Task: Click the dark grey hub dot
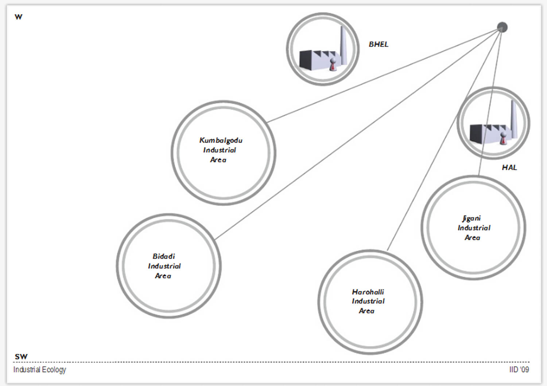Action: click(502, 27)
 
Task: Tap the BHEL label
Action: click(379, 44)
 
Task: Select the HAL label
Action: click(509, 168)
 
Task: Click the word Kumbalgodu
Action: click(221, 141)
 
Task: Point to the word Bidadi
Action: click(164, 256)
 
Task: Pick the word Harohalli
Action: click(368, 292)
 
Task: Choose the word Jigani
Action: click(472, 218)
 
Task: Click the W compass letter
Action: click(18, 17)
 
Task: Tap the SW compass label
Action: click(21, 357)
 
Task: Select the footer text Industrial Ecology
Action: click(40, 370)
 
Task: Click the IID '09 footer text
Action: click(519, 370)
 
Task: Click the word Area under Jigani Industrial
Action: click(472, 238)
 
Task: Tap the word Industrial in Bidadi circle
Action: click(164, 266)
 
